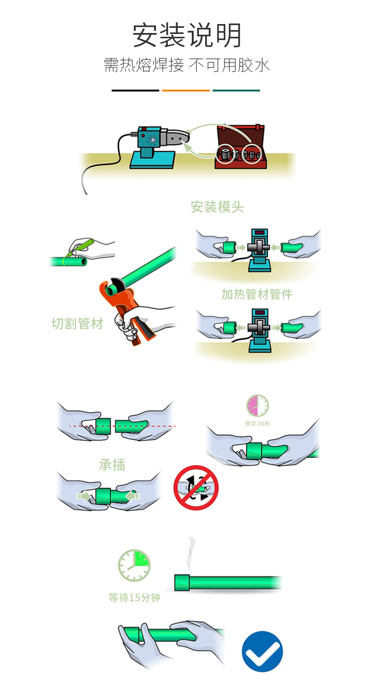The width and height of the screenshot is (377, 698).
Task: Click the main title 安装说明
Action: click(x=187, y=35)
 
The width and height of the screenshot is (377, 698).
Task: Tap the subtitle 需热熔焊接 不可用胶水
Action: click(x=187, y=65)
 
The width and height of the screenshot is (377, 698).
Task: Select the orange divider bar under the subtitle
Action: click(x=186, y=91)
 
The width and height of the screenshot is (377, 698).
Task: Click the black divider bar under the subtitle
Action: click(x=135, y=91)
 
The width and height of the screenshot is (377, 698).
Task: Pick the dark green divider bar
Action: click(x=236, y=91)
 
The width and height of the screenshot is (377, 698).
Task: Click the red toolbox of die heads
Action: click(x=241, y=147)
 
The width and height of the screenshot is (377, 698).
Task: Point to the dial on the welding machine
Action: click(x=153, y=140)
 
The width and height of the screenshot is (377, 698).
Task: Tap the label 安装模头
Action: click(x=217, y=207)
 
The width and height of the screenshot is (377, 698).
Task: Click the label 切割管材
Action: click(x=77, y=324)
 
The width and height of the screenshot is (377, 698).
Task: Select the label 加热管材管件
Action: click(x=257, y=294)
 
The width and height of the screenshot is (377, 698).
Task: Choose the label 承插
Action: click(x=112, y=465)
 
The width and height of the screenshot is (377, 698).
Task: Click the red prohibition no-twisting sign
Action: click(x=196, y=488)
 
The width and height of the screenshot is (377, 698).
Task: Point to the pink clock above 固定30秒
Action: click(x=257, y=406)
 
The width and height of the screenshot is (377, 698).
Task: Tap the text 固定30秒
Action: click(x=257, y=424)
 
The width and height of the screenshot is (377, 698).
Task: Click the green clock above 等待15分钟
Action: click(x=134, y=565)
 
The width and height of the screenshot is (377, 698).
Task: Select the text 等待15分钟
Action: click(x=134, y=598)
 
